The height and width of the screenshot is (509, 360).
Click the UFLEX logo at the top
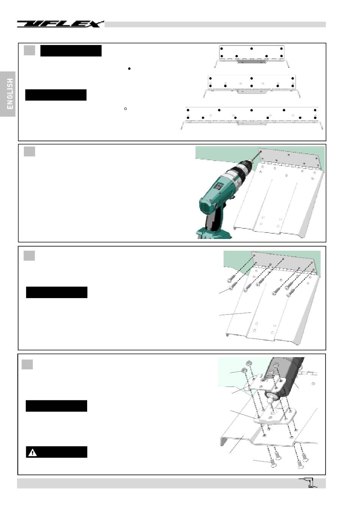tap(60, 24)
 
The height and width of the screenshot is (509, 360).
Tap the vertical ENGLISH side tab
tap(8, 94)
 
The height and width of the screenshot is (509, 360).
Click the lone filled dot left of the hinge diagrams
tap(129, 69)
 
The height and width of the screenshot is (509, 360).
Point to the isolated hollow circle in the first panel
tap(125, 109)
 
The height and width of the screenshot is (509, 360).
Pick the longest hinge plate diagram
tap(252, 118)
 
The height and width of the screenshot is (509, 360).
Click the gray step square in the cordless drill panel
tap(29, 151)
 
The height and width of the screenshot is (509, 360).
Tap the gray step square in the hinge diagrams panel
tap(29, 50)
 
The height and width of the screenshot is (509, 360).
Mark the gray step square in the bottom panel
tap(27, 364)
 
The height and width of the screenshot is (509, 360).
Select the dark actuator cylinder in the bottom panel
tap(286, 377)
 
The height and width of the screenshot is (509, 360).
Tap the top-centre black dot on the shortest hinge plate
tap(252, 48)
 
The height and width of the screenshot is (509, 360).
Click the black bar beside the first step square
tap(71, 51)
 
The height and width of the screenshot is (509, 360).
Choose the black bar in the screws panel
tap(56, 292)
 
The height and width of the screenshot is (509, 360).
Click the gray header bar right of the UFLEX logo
tap(215, 24)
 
